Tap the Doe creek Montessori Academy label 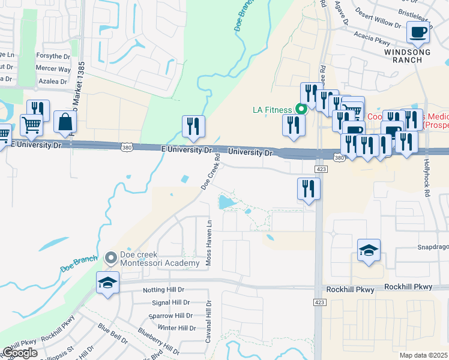coord(160,259)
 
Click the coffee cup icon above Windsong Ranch coord(418,32)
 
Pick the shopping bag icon coord(65,122)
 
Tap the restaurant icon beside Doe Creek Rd coord(193,127)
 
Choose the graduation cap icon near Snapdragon coord(369,251)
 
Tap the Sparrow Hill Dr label coord(171,315)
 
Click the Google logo coord(19,352)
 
